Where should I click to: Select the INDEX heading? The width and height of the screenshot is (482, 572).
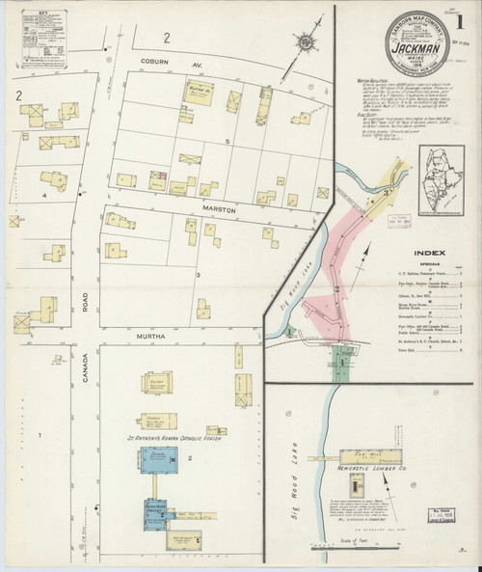432,257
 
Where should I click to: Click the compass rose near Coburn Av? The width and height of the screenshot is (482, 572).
306,43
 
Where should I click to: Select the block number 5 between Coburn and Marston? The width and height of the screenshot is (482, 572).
228,142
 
